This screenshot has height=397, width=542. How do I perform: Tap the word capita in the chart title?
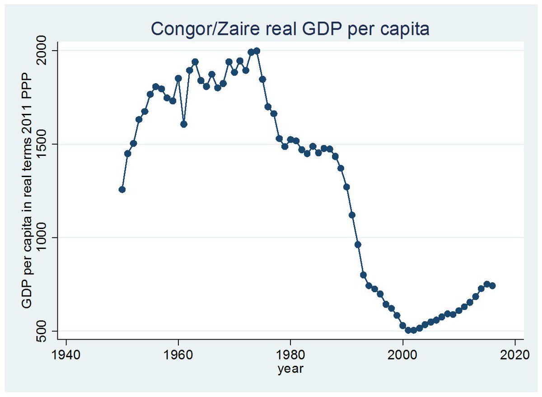point(402,29)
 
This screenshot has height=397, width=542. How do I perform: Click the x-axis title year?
point(290,369)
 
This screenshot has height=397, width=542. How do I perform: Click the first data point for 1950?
point(122,189)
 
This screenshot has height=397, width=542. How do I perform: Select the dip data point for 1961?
point(184,124)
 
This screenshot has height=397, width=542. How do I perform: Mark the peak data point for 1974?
point(257,51)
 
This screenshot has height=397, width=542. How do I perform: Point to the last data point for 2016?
point(492,285)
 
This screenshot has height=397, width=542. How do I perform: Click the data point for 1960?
point(178,78)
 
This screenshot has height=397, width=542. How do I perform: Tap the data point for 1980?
point(290,140)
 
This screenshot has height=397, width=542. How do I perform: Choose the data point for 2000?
point(402,325)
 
